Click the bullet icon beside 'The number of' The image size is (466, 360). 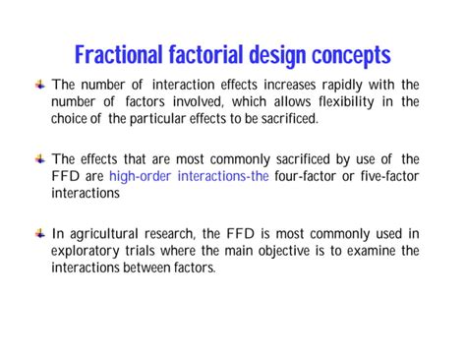click(40, 85)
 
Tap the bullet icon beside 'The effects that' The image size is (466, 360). click(40, 159)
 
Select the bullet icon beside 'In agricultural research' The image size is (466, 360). click(40, 234)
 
